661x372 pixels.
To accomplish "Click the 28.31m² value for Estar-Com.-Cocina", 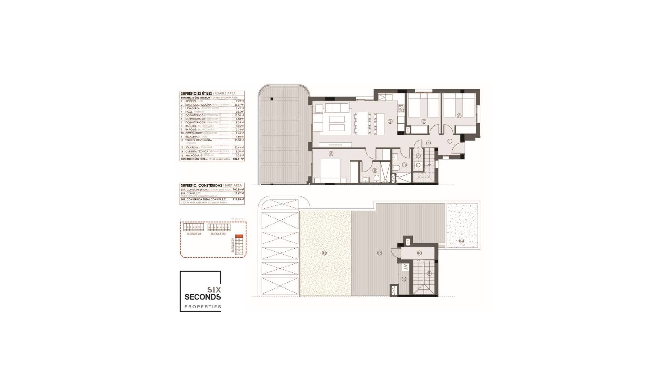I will point(239,105).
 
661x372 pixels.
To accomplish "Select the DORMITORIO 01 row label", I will point(195,115).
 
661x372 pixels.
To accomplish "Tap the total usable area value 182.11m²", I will point(238,159).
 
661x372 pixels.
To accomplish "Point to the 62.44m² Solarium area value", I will point(239,147).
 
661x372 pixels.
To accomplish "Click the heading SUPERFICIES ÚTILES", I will point(196,93).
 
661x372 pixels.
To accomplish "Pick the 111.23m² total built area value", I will point(238,199).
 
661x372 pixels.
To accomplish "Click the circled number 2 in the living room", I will point(390,121).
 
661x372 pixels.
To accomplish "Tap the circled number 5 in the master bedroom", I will point(331,154).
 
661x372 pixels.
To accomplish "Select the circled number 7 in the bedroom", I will point(424,121).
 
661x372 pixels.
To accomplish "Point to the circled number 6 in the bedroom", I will point(459,116).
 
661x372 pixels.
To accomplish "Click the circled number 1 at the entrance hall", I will point(450,141).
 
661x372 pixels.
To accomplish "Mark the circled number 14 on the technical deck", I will point(461,241).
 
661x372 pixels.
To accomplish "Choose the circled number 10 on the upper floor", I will point(419,253).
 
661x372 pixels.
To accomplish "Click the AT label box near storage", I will point(405,267).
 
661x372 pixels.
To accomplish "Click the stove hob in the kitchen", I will point(401,108).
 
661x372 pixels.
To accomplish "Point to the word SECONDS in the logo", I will point(202,297).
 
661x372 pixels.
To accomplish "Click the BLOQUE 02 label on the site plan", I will point(218,234).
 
